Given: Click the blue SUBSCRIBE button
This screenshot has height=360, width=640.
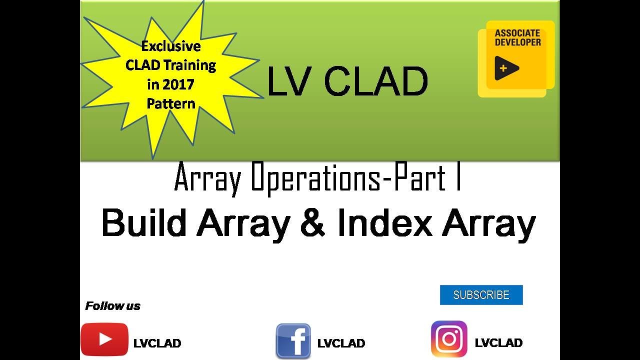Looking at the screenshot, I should coord(481,295).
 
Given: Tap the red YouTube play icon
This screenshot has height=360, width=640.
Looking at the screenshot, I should coord(104,339).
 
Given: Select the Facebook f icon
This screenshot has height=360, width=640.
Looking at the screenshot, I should coord(293,341).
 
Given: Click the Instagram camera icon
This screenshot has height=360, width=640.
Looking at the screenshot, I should coord(449,339).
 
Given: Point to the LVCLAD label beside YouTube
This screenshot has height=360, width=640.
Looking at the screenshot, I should coord(157,343).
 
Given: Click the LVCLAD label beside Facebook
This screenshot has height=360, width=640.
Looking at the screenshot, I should coord(341,343).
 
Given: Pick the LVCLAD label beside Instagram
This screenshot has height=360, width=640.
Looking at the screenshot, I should coord(498,343).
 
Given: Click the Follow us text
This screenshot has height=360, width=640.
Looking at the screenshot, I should coord(112,306).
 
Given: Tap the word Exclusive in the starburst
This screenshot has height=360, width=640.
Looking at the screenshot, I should coord(171,46).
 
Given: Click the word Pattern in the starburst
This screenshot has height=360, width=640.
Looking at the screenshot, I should coord(171,103).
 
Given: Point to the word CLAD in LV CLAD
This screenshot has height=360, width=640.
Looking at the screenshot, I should coord(376,81).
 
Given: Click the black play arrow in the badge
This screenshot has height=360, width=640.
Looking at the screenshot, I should coord(506,68).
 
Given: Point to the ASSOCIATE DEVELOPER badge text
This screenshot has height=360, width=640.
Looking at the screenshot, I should coord(517,38).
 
